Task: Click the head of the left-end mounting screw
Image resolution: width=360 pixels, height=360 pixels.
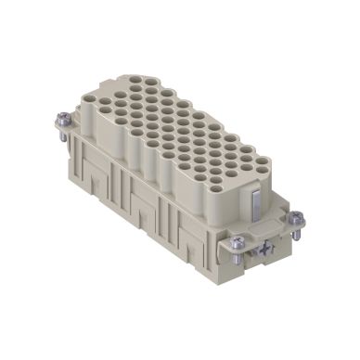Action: coord(60,118)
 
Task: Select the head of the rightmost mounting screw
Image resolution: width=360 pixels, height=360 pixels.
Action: coord(296,219)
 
